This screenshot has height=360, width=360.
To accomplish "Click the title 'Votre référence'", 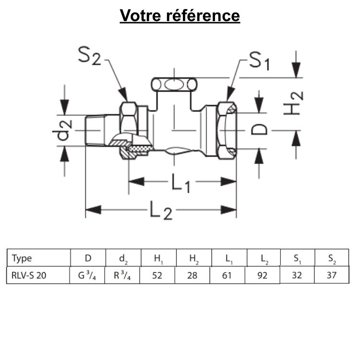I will (x=180, y=15).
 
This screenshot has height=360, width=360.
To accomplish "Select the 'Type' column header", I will (x=22, y=258).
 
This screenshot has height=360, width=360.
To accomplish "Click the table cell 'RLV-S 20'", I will (x=30, y=276).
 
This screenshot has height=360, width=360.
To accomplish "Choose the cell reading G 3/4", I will (x=88, y=276).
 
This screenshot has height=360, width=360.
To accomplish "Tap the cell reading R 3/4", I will (x=123, y=276).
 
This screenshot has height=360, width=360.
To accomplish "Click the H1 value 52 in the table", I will (x=158, y=276).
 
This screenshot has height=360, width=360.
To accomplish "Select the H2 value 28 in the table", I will (x=193, y=276).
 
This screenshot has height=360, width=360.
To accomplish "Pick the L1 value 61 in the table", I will (x=228, y=276).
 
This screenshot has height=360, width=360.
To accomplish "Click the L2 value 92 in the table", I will (x=263, y=276).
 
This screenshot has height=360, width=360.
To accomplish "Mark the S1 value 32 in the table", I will (x=298, y=276).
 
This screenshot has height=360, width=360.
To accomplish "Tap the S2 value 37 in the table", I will (x=332, y=276).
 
